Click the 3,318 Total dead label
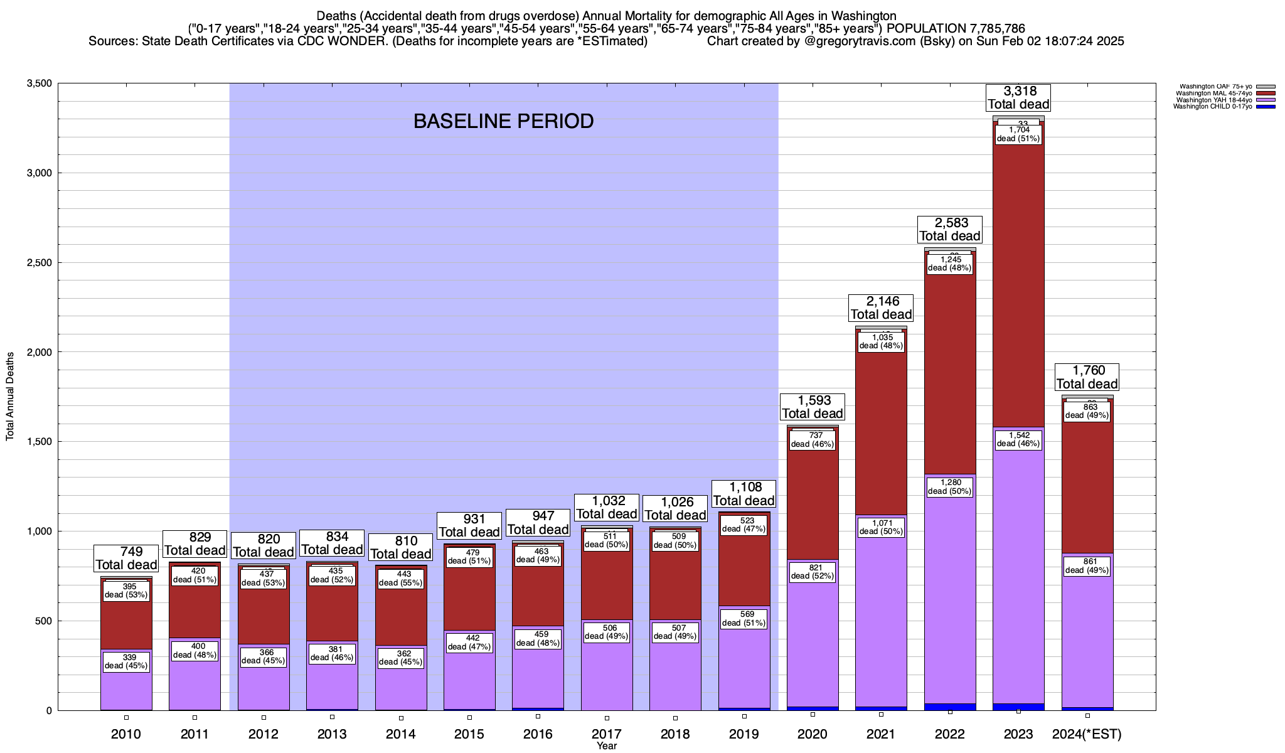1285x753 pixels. point(1018,98)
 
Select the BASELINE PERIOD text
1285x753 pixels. point(503,121)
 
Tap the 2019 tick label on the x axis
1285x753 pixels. point(744,734)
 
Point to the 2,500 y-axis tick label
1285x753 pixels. point(38,262)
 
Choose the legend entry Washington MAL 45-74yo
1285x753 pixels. point(1213,93)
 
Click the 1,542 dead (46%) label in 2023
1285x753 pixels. point(1018,439)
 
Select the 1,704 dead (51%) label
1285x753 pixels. point(1018,134)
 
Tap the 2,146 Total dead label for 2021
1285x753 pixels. point(881,308)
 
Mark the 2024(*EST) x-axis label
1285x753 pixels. point(1087,734)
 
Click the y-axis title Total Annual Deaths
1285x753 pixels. point(10,396)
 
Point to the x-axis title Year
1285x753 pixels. point(607,746)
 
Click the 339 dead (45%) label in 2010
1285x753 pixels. point(126,661)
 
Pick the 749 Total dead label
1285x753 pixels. point(126,558)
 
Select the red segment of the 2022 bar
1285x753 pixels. point(950,376)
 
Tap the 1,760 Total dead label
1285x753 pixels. point(1087,377)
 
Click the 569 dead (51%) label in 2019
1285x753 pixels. point(744,619)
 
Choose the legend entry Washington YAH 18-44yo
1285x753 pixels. point(1213,100)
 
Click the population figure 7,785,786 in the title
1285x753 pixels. point(988,28)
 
